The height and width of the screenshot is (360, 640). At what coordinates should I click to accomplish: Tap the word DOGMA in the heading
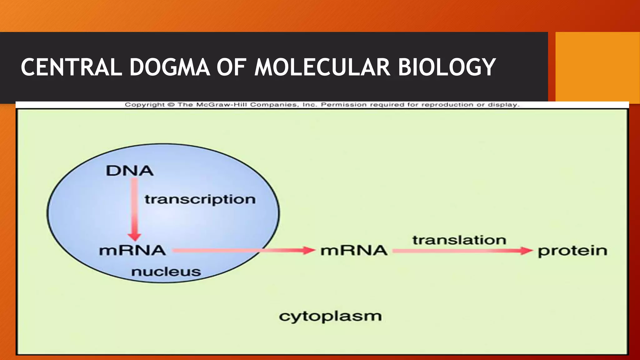(169, 67)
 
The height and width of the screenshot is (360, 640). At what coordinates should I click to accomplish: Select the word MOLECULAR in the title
(322, 67)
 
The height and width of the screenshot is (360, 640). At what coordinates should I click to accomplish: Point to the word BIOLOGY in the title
(447, 67)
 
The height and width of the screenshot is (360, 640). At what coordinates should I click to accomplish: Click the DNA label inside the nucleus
(129, 171)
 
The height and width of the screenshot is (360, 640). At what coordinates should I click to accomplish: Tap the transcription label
(200, 199)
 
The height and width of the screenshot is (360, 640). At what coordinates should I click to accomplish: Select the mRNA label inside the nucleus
(132, 251)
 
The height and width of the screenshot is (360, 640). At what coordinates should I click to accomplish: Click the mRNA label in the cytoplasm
(354, 251)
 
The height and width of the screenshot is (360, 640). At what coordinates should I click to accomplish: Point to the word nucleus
(166, 272)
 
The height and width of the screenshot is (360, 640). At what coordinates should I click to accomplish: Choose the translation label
(459, 240)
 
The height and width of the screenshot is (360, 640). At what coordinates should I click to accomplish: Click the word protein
(572, 251)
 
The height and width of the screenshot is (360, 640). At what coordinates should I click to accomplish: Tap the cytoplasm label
(330, 316)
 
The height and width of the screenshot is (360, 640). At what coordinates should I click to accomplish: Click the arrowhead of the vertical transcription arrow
(134, 237)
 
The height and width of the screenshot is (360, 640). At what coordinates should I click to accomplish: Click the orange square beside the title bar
(597, 67)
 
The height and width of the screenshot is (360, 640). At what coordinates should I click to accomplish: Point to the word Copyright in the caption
(145, 105)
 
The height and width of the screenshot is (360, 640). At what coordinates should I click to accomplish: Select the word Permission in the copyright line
(344, 105)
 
